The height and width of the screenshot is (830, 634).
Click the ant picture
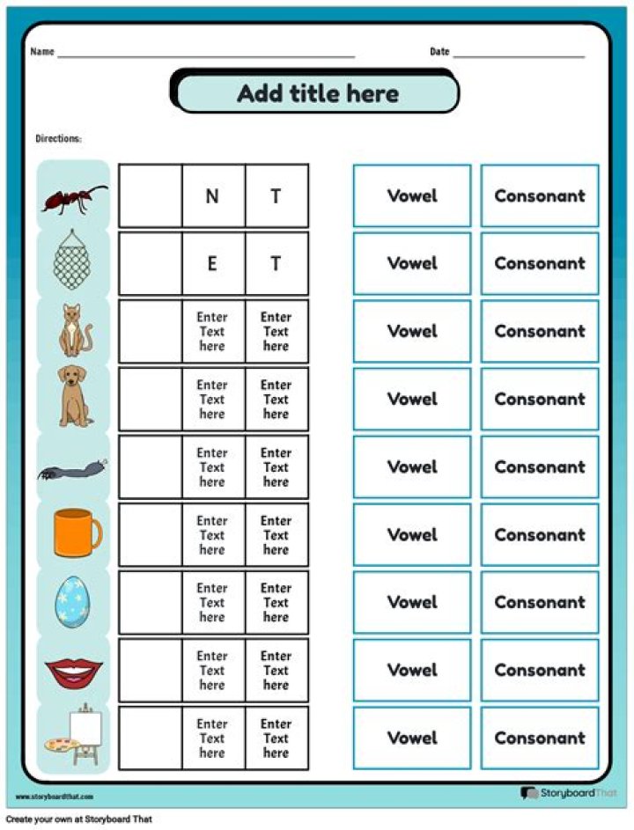point(74,198)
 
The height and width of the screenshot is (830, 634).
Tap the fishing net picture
point(74,262)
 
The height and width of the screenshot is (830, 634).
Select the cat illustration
point(72,330)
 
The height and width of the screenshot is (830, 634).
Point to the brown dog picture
point(75,397)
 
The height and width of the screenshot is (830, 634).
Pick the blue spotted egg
point(74,602)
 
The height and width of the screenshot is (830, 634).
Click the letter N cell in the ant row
point(212,196)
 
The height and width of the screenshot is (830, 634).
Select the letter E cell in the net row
point(212,263)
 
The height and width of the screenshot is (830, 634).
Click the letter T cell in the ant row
point(276,196)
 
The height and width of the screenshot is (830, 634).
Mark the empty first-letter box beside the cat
point(150,331)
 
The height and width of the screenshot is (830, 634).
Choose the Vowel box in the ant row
point(412,195)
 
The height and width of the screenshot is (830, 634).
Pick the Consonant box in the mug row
point(539,534)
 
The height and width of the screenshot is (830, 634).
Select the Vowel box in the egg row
point(412,602)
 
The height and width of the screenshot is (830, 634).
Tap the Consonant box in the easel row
point(539,738)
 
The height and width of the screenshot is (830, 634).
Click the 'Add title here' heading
point(317,93)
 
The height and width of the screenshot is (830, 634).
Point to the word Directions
point(58,139)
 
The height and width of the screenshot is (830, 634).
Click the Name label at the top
point(42,52)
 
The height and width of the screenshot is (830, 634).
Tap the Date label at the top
point(439,52)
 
